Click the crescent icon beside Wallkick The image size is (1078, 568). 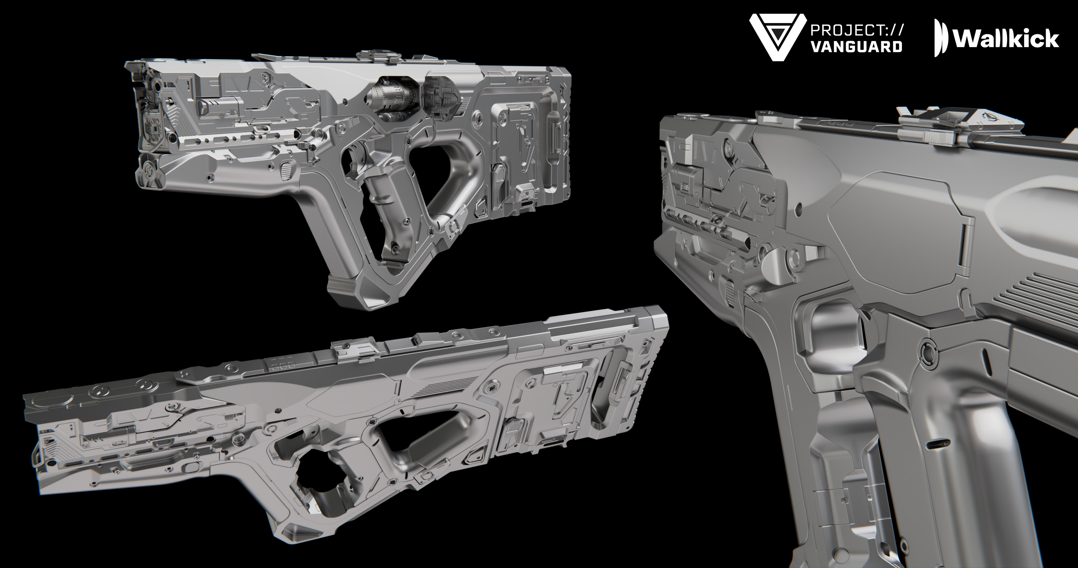click(940, 38)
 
